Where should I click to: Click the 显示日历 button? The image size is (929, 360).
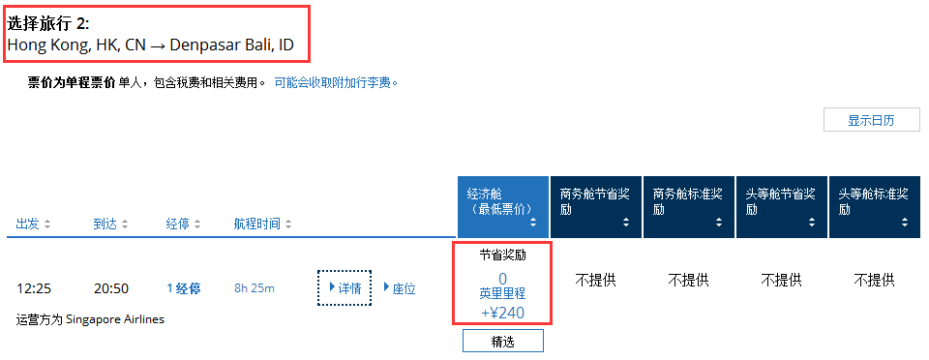[872, 120]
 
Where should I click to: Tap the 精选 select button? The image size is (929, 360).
[502, 342]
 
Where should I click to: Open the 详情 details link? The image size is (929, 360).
[345, 288]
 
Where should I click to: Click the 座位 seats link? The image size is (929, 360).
[400, 288]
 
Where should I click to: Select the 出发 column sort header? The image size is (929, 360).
[33, 225]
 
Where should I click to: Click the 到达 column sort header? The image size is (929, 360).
[110, 225]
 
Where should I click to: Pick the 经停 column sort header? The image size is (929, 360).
[183, 225]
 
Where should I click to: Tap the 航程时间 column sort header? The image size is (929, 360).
[263, 225]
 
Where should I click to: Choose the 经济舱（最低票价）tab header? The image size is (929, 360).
[502, 207]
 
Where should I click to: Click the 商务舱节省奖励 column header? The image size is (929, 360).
[596, 207]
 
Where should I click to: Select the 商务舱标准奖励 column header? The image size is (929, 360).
[688, 207]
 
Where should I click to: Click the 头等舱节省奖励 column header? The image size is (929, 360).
[782, 207]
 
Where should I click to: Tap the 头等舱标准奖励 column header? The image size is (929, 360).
[874, 207]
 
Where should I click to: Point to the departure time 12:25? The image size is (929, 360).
[34, 289]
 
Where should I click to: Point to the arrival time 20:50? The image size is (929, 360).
[111, 289]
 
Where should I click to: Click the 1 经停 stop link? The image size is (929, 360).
[184, 289]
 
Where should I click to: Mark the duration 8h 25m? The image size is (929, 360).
[255, 289]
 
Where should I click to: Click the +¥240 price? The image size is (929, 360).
[502, 312]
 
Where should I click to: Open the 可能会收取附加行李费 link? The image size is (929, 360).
[336, 83]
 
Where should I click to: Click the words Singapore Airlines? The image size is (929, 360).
[115, 319]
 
